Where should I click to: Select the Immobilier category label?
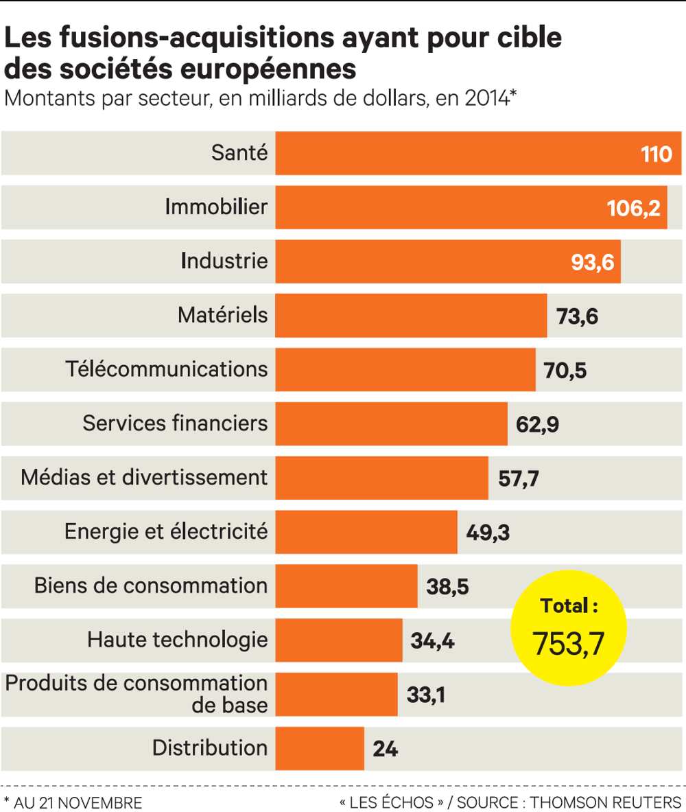pos(216,207)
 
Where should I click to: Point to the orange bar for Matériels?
pos(411,316)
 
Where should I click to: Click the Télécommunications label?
pos(167,369)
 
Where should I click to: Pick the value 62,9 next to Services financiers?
pos(537,424)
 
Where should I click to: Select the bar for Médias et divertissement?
pos(381,478)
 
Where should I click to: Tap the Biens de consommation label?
pos(151,585)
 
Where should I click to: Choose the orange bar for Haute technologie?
pos(339,640)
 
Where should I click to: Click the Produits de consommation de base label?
pos(137,694)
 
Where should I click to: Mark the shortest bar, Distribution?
pos(320,748)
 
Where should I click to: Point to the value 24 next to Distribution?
pos(386,748)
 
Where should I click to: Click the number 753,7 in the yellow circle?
pos(569,644)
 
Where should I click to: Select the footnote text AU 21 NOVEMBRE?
pos(78,802)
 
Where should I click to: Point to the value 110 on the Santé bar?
pos(657,154)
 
